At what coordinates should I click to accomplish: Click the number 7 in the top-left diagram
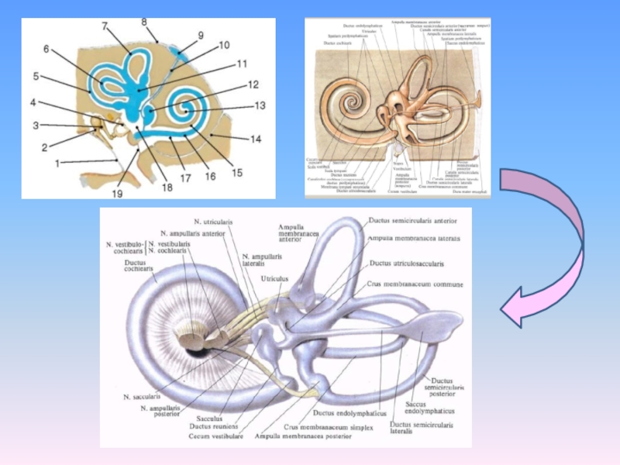(x=105, y=26)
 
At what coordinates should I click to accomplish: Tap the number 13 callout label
(x=259, y=105)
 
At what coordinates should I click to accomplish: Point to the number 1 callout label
(x=57, y=164)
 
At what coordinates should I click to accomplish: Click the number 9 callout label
(x=201, y=35)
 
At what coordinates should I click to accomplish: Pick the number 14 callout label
(x=256, y=139)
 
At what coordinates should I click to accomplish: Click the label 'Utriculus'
(x=274, y=278)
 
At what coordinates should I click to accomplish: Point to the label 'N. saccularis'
(x=142, y=396)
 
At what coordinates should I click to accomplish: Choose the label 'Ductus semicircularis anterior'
(x=412, y=221)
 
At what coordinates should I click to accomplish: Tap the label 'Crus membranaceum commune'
(x=415, y=284)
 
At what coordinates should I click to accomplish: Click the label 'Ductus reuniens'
(x=213, y=426)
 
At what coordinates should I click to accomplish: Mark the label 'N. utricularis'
(x=212, y=222)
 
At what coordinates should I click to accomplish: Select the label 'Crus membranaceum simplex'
(x=328, y=427)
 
